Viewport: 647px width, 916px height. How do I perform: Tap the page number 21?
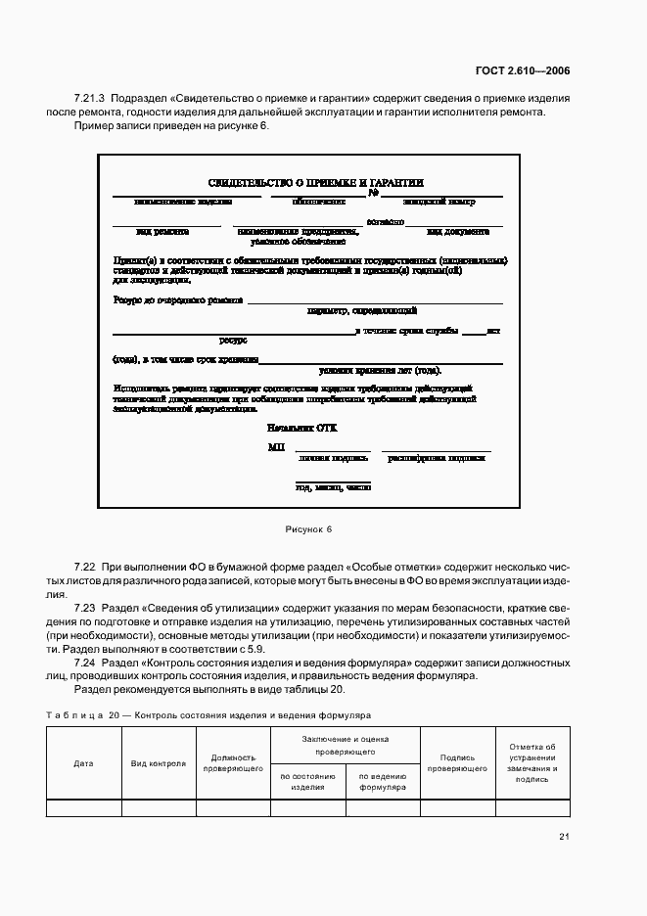(x=564, y=836)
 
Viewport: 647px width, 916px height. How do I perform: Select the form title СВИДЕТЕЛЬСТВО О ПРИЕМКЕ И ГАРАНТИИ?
(x=315, y=183)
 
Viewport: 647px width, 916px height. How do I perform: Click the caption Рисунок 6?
(x=309, y=529)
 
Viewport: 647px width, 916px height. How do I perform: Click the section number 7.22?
(x=85, y=569)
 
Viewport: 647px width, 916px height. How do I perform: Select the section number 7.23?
(x=85, y=608)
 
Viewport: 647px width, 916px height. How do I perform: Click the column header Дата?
(x=84, y=763)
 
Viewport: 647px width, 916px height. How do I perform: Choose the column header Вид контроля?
(x=159, y=763)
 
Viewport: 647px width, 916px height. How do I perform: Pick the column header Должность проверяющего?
(x=233, y=763)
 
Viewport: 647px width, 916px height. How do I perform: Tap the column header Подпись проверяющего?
(x=457, y=763)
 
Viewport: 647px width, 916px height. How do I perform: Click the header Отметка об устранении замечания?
(x=532, y=763)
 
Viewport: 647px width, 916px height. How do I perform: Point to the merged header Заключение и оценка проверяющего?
(x=345, y=746)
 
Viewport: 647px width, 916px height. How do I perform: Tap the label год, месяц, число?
(x=333, y=486)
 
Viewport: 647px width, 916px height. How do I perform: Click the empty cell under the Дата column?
(x=84, y=807)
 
